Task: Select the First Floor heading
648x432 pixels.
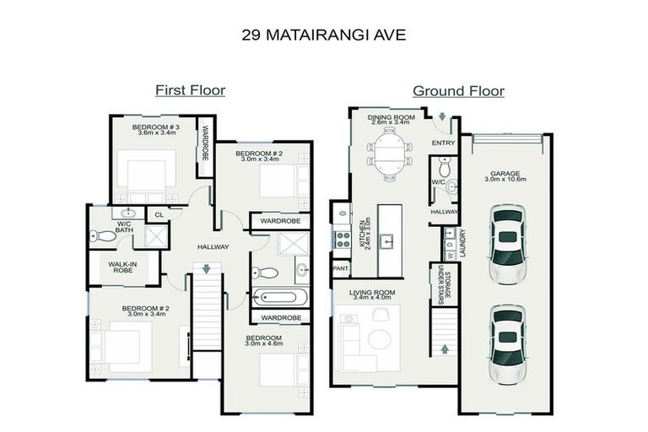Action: click(190, 90)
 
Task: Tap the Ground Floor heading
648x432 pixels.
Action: click(457, 90)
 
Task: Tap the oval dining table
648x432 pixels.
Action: click(389, 156)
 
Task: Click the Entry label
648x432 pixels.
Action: click(443, 143)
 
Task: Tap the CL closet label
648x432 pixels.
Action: click(158, 214)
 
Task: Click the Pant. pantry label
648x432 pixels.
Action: click(341, 268)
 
